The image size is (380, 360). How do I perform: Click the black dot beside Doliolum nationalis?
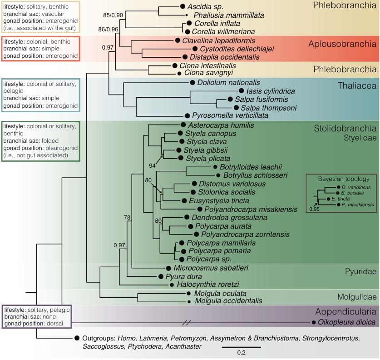coord(193,83)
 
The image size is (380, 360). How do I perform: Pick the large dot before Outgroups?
coord(77,338)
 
